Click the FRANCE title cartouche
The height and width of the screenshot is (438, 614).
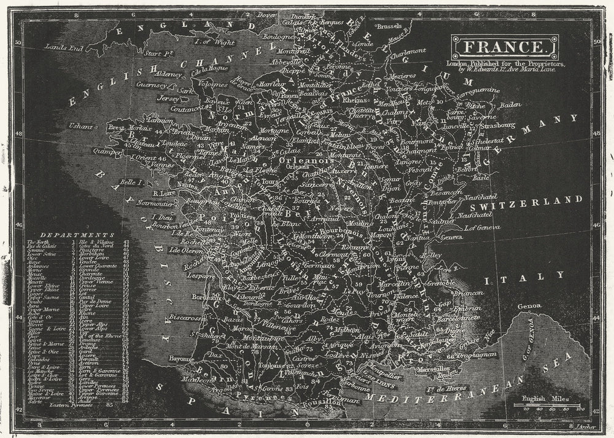tap(505, 47)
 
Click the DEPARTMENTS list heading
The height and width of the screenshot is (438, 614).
tap(77, 235)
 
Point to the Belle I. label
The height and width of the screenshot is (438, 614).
tap(131, 182)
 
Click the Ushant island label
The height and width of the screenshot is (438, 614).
tap(80, 127)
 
